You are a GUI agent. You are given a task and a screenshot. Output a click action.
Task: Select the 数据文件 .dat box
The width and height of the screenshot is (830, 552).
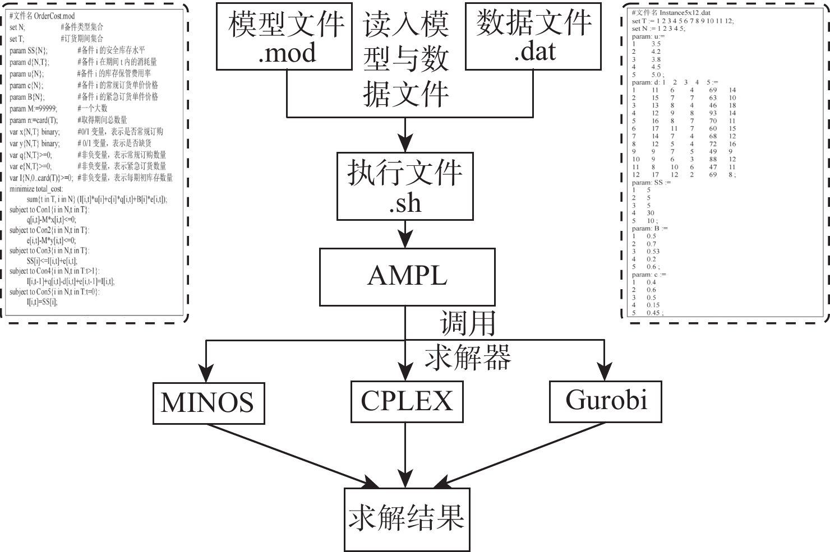tap(533, 36)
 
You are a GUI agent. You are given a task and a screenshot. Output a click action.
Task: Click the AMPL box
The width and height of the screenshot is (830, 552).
tap(407, 276)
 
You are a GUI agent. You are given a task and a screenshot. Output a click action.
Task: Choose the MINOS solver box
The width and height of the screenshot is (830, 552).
tap(209, 403)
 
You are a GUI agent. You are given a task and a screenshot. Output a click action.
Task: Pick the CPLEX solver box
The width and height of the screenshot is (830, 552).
tap(407, 401)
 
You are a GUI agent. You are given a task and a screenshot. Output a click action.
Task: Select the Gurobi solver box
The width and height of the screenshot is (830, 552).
tap(605, 401)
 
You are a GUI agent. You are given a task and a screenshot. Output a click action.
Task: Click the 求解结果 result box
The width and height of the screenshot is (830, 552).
tap(407, 519)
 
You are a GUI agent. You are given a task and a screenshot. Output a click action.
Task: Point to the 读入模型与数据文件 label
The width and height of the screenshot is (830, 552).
tap(406, 59)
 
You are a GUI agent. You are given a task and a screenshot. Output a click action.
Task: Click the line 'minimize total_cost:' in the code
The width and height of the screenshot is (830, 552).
tap(36, 189)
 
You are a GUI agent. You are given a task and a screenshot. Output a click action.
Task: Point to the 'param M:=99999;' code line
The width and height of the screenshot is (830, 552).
tap(33, 109)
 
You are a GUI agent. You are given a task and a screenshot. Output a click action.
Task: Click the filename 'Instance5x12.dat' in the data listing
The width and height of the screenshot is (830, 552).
tap(685, 12)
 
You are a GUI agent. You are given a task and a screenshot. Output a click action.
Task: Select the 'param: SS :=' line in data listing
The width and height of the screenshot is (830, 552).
tap(651, 183)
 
